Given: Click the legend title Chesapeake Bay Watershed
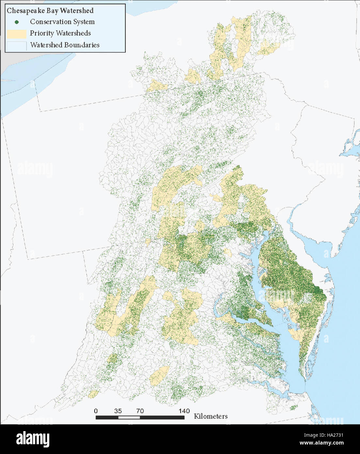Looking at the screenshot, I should point(50,10).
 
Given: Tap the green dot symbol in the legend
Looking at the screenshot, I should point(16,22).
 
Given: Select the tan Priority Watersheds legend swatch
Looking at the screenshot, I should point(16,34).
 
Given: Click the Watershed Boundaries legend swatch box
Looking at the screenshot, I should point(16,45).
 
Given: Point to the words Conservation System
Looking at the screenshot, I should point(62,22).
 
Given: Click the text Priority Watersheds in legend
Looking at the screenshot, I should point(60,33).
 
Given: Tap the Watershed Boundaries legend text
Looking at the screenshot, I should point(65,45).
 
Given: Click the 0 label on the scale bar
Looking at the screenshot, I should point(96,411).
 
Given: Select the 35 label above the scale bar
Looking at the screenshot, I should point(118,411).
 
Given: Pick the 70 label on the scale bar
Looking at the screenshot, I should point(140,411).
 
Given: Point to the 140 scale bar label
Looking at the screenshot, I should point(184,411).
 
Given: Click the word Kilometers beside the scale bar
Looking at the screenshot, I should point(211,416).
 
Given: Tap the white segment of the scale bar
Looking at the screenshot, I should point(129,417).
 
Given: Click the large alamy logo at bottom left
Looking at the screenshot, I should point(33,439).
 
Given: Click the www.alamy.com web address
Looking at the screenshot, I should point(321,443).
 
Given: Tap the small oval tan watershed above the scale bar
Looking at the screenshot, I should point(159,375).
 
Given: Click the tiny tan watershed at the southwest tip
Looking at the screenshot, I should point(93,394).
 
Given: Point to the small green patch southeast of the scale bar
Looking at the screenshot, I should point(294,407).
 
